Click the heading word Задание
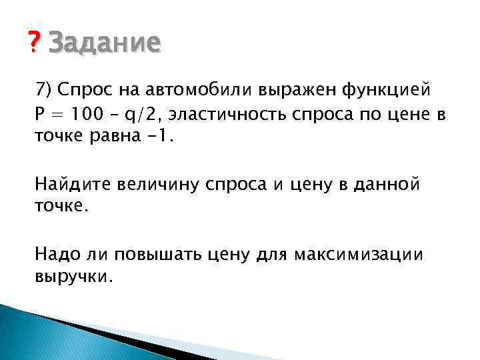[105, 44]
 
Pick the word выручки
[75, 276]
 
